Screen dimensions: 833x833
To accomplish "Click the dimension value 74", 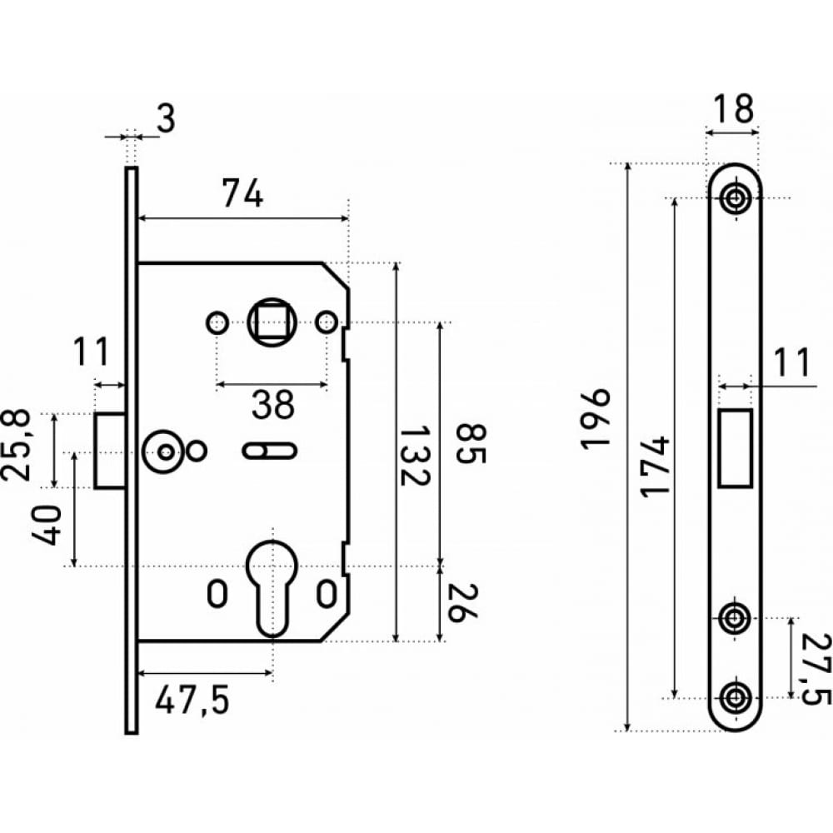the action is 242,193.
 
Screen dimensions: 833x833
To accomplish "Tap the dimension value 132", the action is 414,455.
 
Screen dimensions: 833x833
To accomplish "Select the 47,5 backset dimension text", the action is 192,701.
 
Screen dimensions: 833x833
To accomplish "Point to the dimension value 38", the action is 272,404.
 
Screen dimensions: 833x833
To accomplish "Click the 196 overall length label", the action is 596,420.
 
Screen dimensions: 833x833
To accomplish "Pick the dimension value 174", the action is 655,466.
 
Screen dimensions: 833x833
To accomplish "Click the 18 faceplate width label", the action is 732,109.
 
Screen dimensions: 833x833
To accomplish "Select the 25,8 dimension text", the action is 17,445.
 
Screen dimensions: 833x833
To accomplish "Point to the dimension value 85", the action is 471,444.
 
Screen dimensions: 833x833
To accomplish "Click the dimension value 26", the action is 462,602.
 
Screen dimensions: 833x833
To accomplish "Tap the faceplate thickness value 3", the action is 167,118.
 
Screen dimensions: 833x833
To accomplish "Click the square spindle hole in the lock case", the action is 272,322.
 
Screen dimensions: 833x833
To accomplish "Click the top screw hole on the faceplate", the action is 736,199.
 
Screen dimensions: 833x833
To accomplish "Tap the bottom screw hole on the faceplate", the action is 736,697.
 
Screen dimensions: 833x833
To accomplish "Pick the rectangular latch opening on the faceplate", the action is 736,448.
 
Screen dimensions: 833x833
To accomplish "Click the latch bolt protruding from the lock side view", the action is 110,451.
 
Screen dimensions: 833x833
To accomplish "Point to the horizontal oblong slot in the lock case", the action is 269,451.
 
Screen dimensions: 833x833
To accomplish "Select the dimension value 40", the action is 46,525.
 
